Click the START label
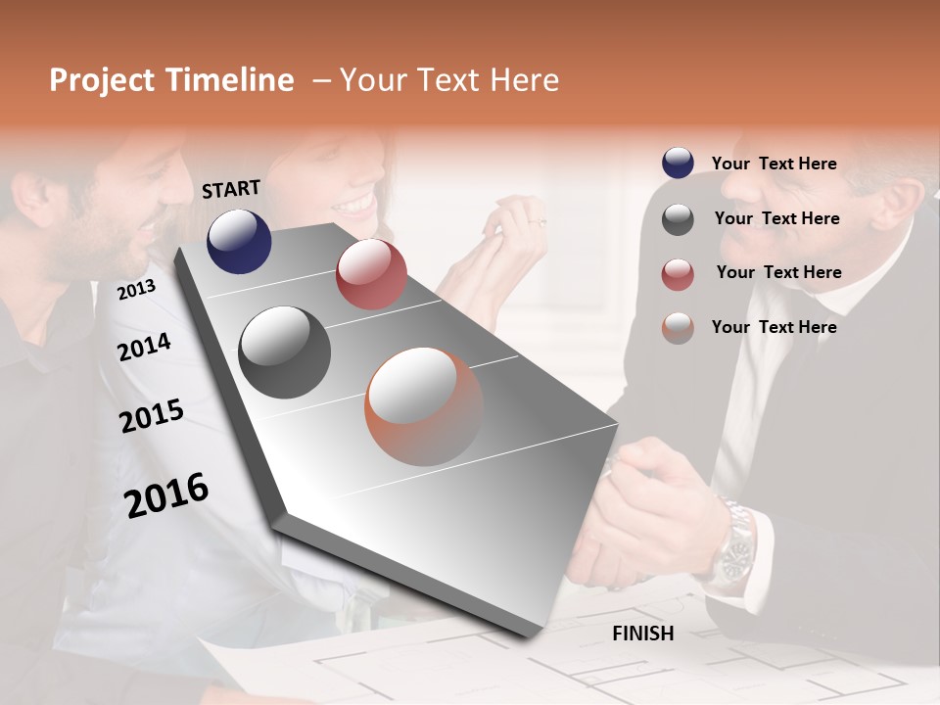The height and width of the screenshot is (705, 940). coord(231,189)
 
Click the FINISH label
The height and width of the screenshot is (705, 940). coord(642,634)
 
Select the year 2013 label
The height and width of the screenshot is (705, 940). coord(136,289)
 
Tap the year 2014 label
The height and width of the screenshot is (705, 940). coord(144,347)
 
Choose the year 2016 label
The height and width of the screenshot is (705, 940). coord(166,495)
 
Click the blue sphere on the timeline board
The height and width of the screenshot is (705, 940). coord(239,242)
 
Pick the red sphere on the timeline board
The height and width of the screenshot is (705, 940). coord(371,274)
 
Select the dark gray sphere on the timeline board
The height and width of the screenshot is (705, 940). coord(285,352)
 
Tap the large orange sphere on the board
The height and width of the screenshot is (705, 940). coord(424,406)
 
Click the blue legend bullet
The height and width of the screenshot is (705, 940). coord(678,164)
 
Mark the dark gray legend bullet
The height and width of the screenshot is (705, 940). coord(678,219)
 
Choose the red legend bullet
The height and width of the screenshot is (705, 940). coord(678,274)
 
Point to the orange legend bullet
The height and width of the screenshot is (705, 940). coord(678,328)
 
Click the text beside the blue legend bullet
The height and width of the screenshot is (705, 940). coord(774,164)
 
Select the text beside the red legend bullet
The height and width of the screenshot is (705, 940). coord(778,272)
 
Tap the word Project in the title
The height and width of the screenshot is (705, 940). coord(103,80)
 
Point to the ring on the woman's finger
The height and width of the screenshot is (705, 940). coord(537,224)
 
